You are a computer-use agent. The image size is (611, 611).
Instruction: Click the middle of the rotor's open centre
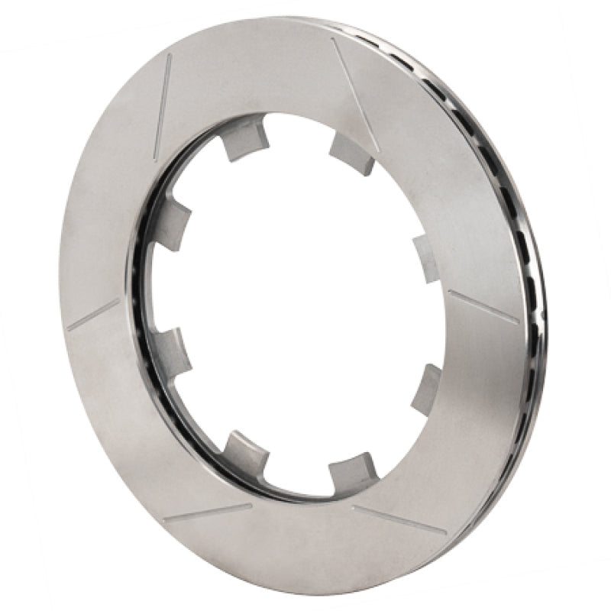pos(294,302)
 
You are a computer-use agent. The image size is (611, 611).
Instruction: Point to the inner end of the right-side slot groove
pos(449,293)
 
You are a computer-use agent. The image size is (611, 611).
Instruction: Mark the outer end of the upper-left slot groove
pos(169,57)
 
